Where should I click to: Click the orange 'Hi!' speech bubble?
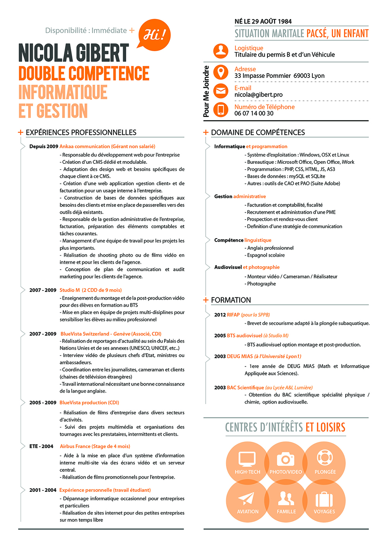click(154, 35)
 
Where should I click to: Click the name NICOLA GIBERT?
click(74, 53)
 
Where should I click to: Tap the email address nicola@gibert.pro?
click(258, 94)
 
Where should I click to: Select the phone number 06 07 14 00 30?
click(254, 113)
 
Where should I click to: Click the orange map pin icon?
click(221, 72)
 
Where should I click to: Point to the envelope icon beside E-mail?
click(221, 91)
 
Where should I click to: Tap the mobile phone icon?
click(221, 110)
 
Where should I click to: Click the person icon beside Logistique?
click(221, 51)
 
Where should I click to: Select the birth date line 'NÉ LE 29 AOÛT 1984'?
click(263, 21)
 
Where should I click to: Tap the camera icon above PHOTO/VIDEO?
click(286, 459)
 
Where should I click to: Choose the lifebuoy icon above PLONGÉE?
click(325, 458)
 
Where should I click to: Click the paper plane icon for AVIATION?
click(246, 498)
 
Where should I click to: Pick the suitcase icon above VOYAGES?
click(324, 499)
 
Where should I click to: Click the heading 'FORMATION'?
click(231, 300)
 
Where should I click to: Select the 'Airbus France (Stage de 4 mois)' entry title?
click(95, 447)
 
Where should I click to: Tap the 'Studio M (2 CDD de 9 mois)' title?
click(91, 290)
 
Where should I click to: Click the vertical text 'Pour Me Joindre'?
click(206, 91)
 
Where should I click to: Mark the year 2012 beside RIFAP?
click(220, 315)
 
